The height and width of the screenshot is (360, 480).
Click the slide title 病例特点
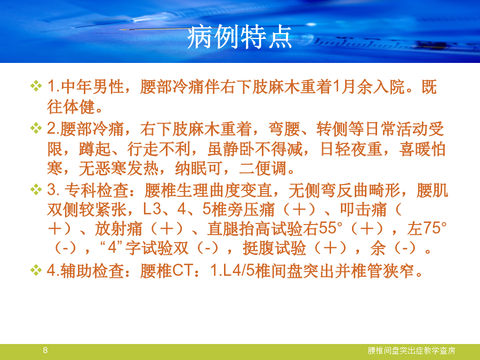239,37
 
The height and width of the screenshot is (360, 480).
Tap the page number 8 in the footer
45,350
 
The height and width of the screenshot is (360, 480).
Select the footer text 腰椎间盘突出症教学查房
411,350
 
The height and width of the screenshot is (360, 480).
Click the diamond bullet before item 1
36,86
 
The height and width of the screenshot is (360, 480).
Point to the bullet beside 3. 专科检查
36,189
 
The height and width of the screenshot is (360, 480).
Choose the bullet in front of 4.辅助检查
36,270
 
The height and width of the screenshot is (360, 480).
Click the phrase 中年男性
92,86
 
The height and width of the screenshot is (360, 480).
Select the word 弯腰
284,129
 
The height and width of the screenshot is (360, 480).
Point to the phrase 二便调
263,169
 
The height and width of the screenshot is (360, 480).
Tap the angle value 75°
435,228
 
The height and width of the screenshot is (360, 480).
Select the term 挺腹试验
274,248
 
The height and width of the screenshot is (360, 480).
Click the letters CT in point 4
182,270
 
